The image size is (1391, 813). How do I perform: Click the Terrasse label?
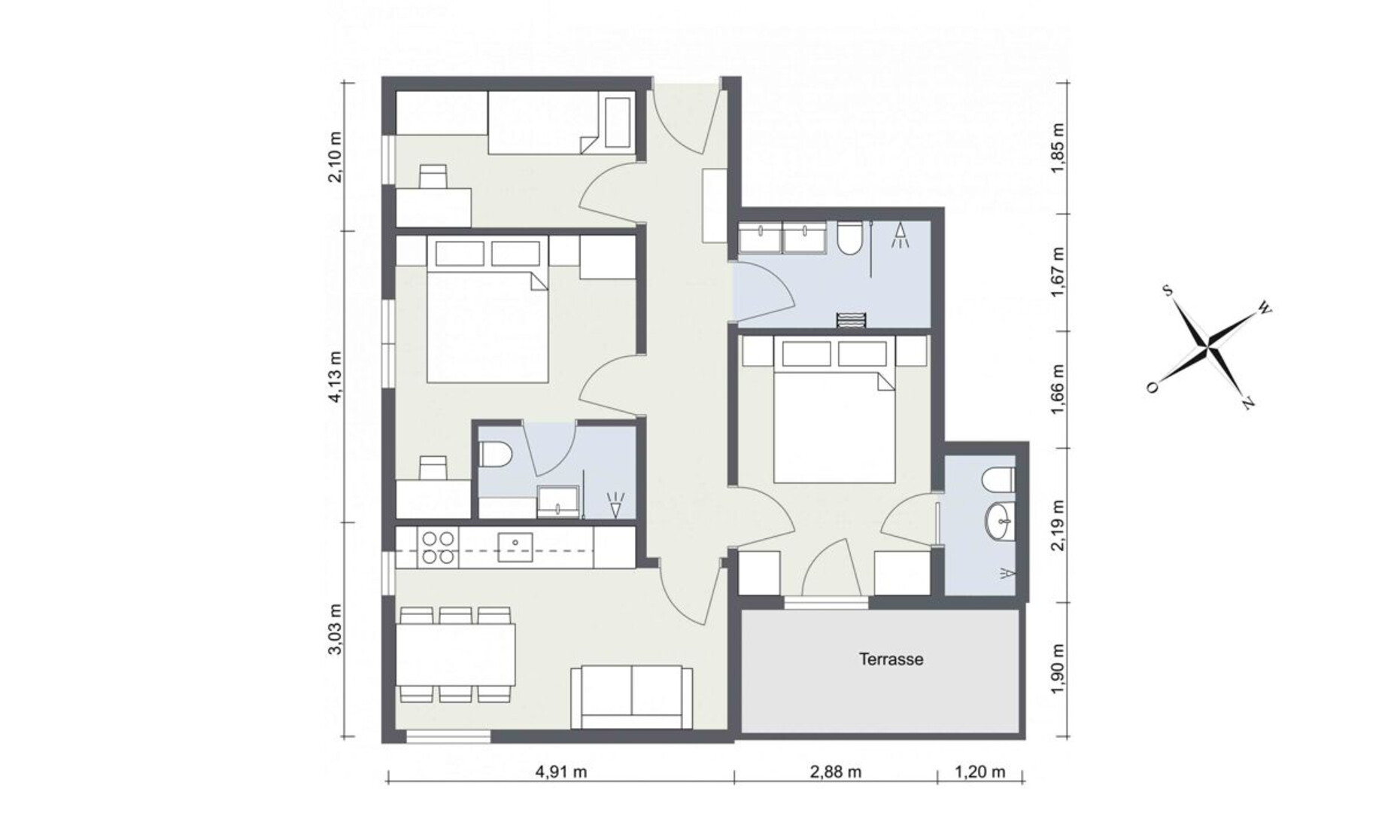point(891,659)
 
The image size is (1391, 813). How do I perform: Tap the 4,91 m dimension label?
point(560,772)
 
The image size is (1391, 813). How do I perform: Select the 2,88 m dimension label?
point(836,772)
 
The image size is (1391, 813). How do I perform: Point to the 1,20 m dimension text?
point(980,772)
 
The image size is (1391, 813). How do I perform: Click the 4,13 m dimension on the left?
point(336,376)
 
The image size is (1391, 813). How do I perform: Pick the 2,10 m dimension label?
point(336,157)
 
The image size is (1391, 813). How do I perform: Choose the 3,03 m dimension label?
point(336,629)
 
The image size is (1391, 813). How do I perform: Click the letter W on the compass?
point(1265,309)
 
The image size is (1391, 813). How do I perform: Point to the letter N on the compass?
point(1247,404)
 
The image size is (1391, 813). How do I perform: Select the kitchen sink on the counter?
point(515,547)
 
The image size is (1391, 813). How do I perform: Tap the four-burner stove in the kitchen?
point(439,547)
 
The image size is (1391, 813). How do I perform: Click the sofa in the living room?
point(631,697)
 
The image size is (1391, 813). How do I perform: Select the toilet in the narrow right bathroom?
point(999,478)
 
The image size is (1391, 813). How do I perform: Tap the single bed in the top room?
point(560,121)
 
